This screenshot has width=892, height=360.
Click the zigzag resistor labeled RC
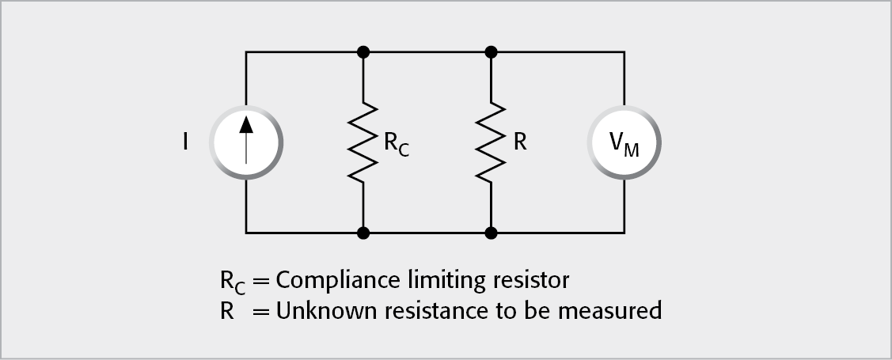362,143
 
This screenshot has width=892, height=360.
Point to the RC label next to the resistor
396,146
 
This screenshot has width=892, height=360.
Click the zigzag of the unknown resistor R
491,143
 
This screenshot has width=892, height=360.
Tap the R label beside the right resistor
520,143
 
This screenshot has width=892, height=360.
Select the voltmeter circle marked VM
624,143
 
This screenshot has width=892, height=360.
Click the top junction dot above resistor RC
362,53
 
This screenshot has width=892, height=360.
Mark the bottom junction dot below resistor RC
362,233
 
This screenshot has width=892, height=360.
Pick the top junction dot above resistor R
491,53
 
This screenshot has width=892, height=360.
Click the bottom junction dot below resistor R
491,233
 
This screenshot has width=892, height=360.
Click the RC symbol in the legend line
233,282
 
